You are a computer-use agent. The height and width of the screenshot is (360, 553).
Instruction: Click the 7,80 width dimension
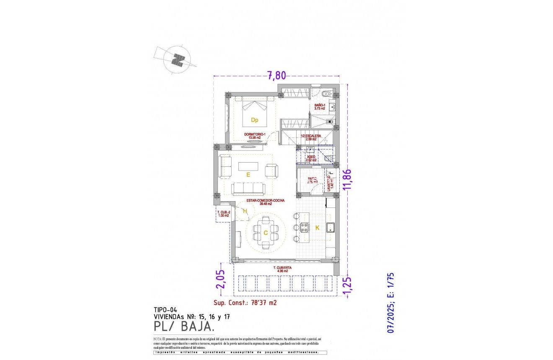pos(276,75)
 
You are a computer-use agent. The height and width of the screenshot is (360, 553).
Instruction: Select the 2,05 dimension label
pos(222,278)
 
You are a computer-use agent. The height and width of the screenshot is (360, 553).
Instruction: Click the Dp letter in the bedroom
pos(254,120)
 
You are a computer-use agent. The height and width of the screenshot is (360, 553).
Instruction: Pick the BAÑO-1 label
pos(320,106)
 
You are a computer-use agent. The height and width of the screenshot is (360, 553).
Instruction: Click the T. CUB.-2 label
pos(223,214)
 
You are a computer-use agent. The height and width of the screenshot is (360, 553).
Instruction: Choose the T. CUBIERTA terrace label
pos(282,269)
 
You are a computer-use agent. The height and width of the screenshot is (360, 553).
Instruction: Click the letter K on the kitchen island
pos(317,228)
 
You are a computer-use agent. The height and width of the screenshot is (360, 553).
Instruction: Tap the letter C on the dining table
pos(265,233)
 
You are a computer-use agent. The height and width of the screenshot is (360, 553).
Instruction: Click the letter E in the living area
pos(248,175)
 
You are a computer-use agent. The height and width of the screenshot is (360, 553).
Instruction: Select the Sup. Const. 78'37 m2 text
pos(245,302)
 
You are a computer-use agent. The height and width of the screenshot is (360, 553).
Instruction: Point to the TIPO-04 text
pos(165,311)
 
